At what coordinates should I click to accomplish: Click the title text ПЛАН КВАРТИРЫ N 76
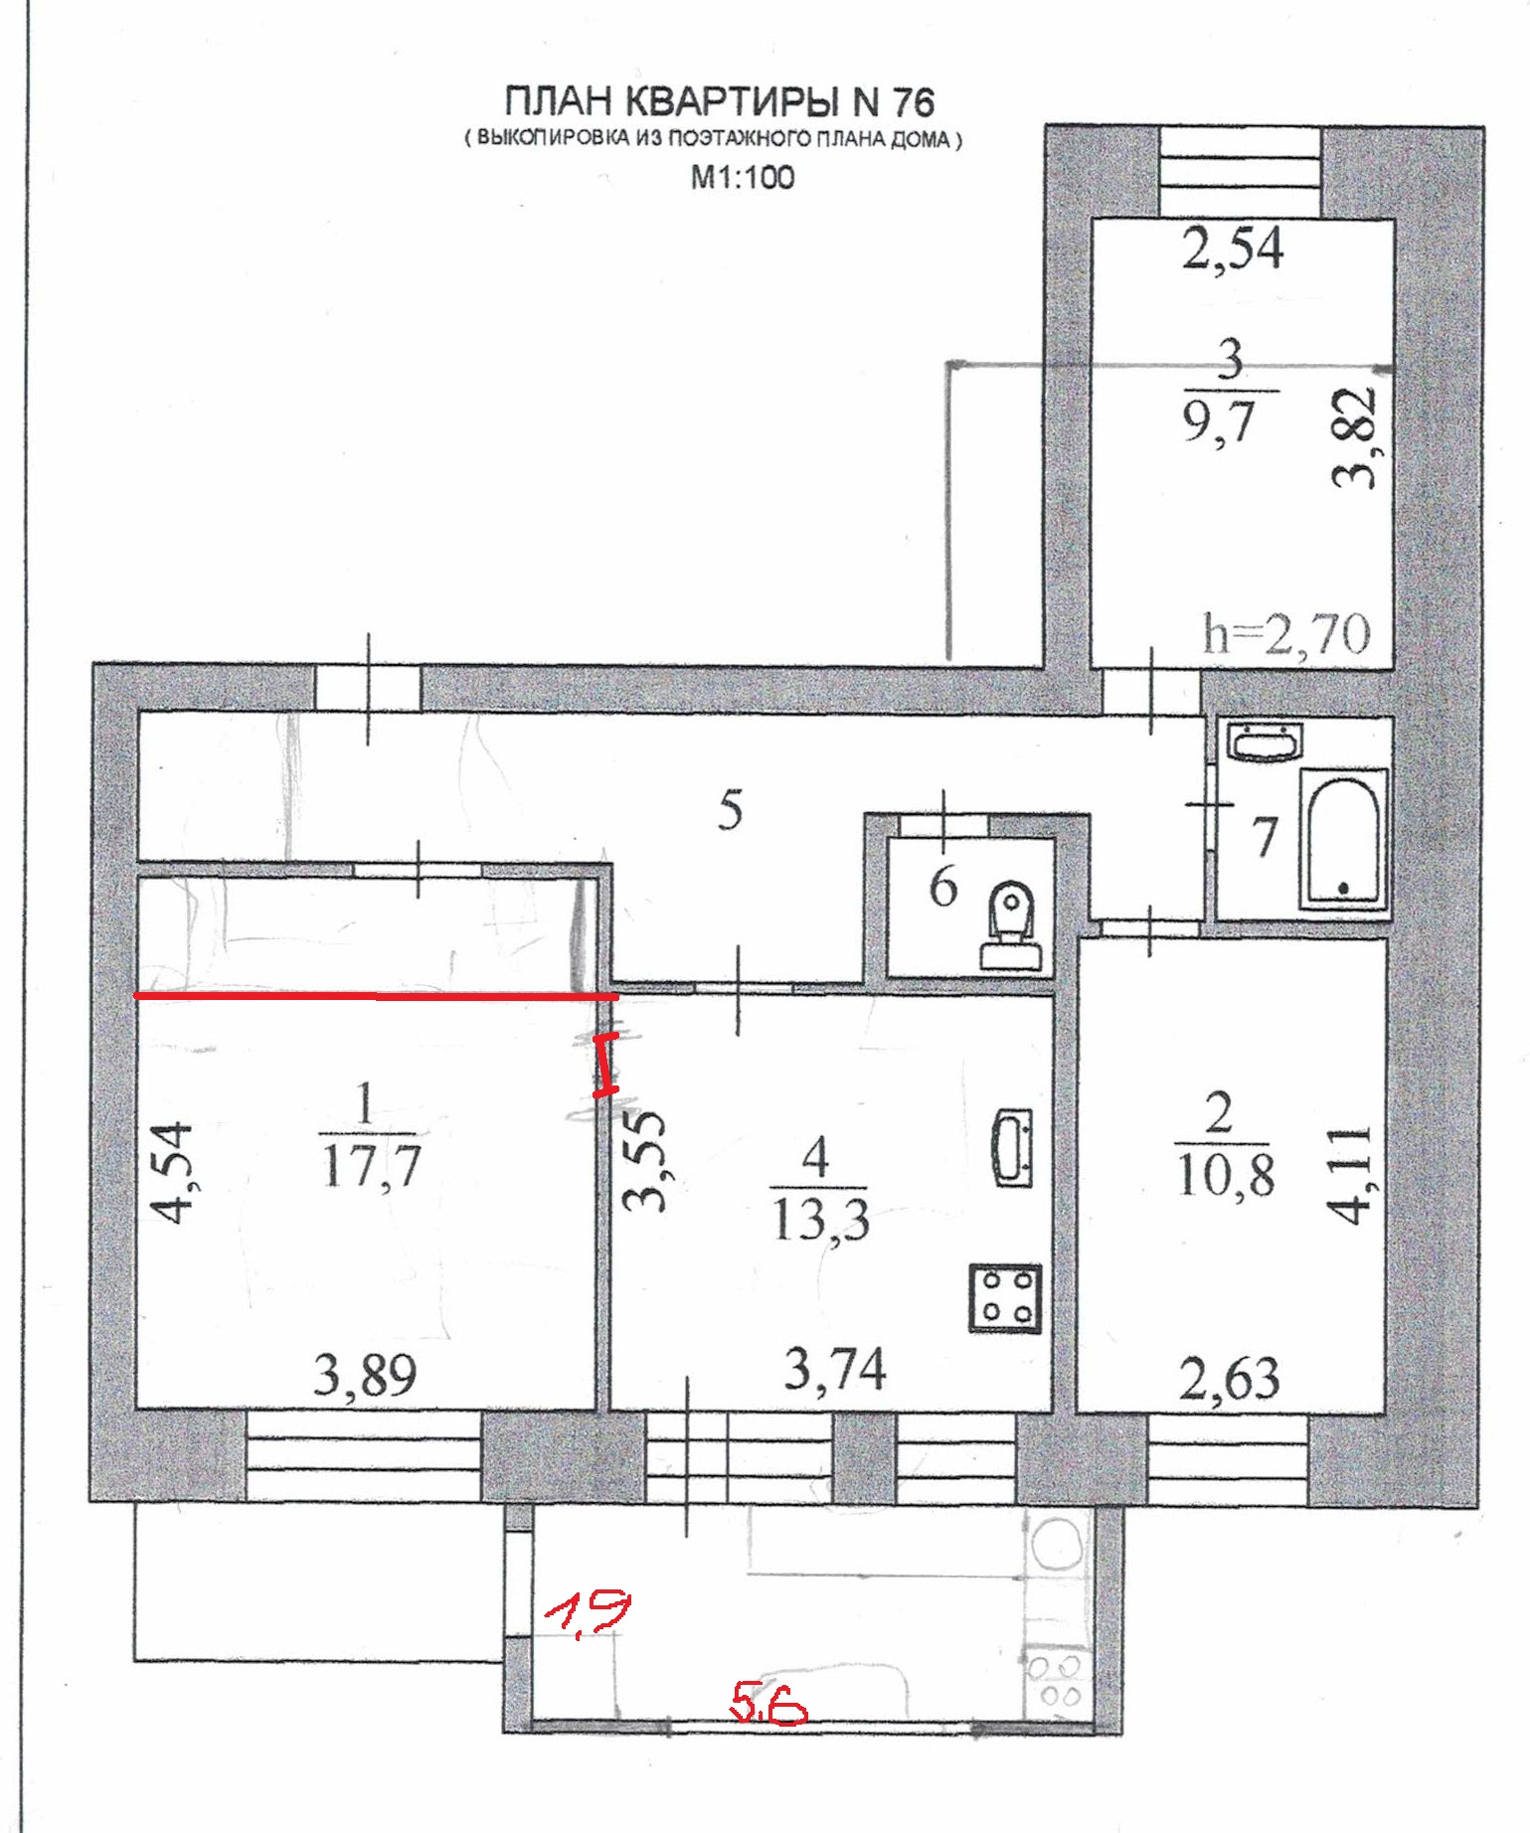pos(720,101)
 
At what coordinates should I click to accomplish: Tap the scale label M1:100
pos(743,177)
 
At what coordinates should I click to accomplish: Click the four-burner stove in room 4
pos(1006,1297)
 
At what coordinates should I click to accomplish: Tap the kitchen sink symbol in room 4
pos(1013,1147)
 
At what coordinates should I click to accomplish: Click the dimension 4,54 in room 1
pos(170,1173)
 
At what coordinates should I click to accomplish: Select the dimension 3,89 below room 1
pos(365,1376)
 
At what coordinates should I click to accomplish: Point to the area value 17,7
pos(372,1164)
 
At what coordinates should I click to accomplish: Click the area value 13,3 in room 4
pos(820,1219)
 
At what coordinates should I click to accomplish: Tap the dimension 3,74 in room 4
pos(835,1369)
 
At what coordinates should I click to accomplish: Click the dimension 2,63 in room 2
pos(1230,1379)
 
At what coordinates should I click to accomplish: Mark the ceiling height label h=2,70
pos(1286,633)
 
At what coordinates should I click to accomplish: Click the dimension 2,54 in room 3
pos(1233,249)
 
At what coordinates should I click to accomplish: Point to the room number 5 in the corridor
pos(731,810)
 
